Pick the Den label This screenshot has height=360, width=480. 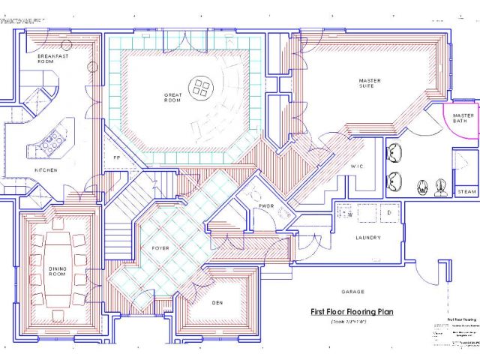(217, 302)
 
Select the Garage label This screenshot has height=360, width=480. (352, 291)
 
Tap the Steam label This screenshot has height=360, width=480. (466, 192)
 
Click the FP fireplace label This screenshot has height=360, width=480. (117, 158)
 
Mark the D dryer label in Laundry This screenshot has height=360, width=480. (389, 214)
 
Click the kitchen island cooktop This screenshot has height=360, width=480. (55, 137)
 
